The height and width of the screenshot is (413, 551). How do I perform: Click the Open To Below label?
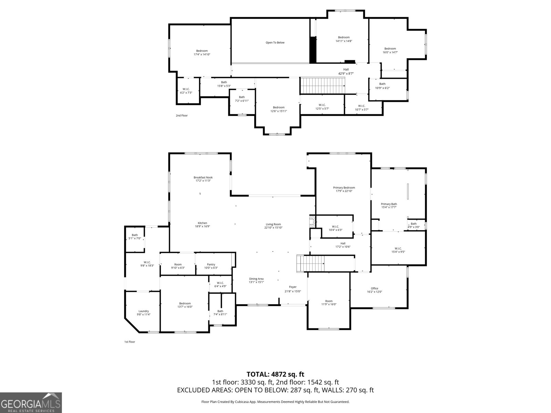275,43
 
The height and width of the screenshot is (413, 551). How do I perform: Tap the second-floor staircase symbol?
322,85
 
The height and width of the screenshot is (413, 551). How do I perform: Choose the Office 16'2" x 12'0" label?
374,290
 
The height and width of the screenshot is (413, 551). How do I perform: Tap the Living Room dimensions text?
273,227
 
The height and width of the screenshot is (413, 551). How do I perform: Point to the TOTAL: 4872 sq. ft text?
275,374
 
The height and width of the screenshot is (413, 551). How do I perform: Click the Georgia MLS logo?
31,403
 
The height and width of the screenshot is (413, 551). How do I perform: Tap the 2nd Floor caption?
181,116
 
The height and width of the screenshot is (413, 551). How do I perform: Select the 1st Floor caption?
129,342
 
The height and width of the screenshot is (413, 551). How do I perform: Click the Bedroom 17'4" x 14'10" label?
202,52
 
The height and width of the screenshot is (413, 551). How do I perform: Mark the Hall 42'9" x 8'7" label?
346,71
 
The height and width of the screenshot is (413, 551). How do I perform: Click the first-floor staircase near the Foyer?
311,264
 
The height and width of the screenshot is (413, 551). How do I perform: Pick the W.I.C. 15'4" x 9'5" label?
398,250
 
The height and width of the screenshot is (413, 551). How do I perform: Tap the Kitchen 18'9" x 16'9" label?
202,224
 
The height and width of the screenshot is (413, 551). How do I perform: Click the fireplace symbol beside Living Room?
312,221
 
